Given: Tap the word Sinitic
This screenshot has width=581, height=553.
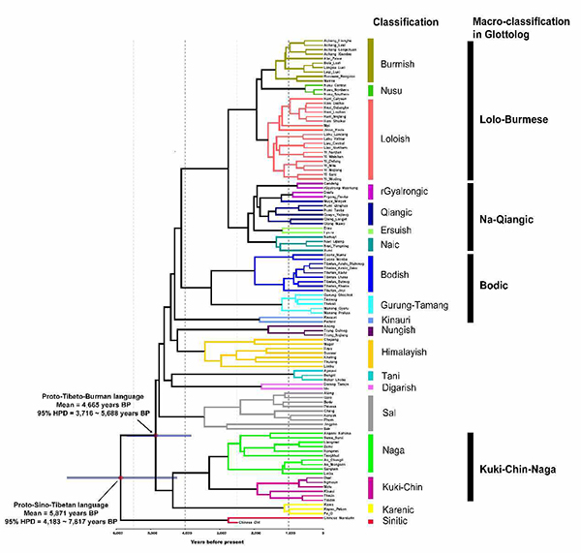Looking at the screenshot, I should click(x=399, y=523).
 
